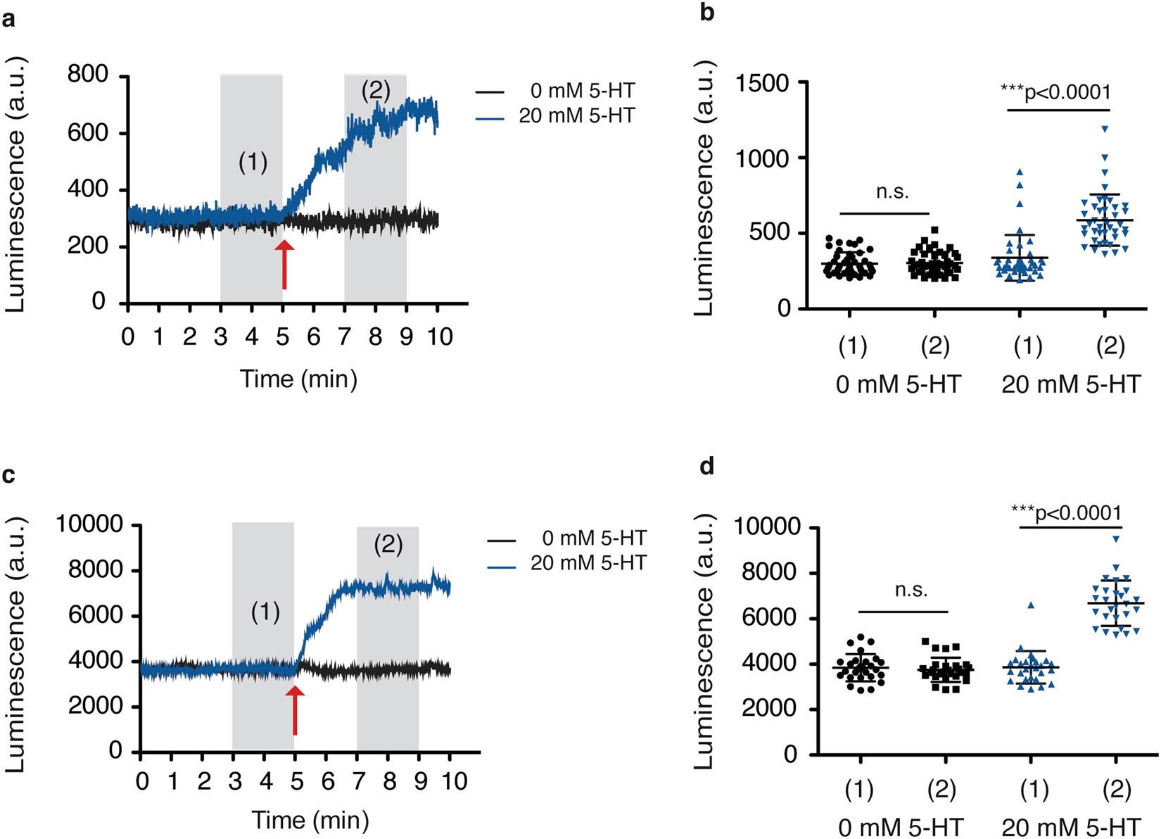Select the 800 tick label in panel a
[x=87, y=74]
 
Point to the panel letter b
[x=706, y=13]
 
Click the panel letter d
[x=706, y=467]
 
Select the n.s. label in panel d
[x=911, y=590]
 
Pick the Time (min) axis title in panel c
[x=310, y=820]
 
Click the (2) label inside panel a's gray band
[x=375, y=90]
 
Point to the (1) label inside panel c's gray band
[x=265, y=612]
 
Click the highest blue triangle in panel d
[x=1116, y=539]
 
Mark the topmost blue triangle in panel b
[x=1105, y=129]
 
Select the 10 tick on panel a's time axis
[x=440, y=337]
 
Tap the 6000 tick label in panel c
[x=96, y=615]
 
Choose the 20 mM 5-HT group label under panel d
[x=1070, y=827]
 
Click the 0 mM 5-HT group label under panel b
[x=898, y=385]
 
